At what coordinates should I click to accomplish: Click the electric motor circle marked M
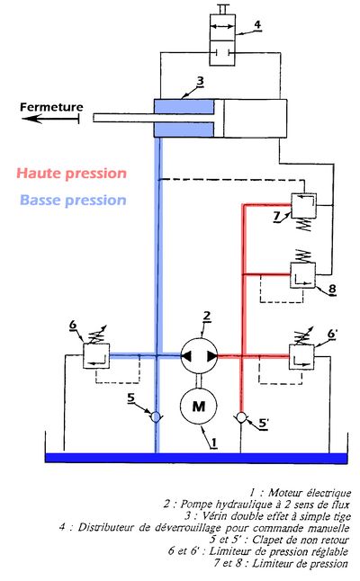pos(199,407)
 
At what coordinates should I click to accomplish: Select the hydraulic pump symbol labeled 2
pos(199,356)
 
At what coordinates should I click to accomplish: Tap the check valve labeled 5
pos(156,416)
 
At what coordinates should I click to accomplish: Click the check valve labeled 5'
pos(241,417)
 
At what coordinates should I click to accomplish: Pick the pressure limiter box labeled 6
pos(96,356)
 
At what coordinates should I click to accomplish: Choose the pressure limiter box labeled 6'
pos(301,357)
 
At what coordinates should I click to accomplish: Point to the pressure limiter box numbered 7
pos(303,205)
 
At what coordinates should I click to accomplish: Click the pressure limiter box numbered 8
pos(302,275)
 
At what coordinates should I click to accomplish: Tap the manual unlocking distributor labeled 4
pos(222,40)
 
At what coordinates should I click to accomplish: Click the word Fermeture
pos(51,107)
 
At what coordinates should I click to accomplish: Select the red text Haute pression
pos(72,173)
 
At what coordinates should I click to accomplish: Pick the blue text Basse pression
pos(73,200)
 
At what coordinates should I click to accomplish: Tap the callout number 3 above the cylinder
pos(200,81)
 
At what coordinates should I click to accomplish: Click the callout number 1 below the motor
pos(213,442)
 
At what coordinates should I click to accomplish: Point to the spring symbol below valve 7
pos(304,225)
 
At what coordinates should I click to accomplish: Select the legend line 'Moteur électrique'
pos(300,493)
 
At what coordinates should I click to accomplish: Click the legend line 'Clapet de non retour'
pos(279,540)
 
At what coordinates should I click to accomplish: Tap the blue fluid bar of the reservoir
pos(196,458)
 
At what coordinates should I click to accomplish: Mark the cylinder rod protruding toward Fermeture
pos(154,118)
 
